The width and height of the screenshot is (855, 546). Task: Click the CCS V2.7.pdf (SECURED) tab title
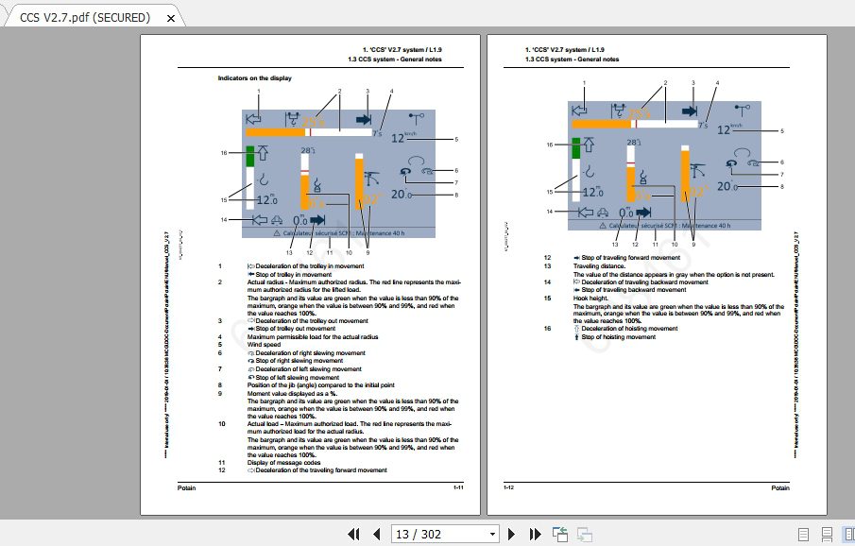(85, 17)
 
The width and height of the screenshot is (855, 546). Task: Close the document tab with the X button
(170, 17)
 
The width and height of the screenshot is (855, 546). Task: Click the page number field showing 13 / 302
(444, 534)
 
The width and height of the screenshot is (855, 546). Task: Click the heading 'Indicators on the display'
(255, 78)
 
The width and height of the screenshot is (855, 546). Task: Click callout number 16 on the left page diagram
(224, 153)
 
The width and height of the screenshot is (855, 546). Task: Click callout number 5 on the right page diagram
(782, 130)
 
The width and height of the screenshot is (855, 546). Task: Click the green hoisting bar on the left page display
(251, 157)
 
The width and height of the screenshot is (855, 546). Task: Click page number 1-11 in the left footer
(457, 487)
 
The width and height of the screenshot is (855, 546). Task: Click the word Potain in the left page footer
(187, 487)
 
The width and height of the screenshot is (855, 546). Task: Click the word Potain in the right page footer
(779, 487)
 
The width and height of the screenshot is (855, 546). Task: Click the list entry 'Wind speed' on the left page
(264, 344)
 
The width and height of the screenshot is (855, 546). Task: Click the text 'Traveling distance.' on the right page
(599, 266)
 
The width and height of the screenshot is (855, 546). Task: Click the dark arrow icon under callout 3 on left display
(364, 120)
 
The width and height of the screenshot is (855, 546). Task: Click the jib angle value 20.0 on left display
(401, 195)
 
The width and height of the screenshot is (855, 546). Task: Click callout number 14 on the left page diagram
(224, 219)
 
